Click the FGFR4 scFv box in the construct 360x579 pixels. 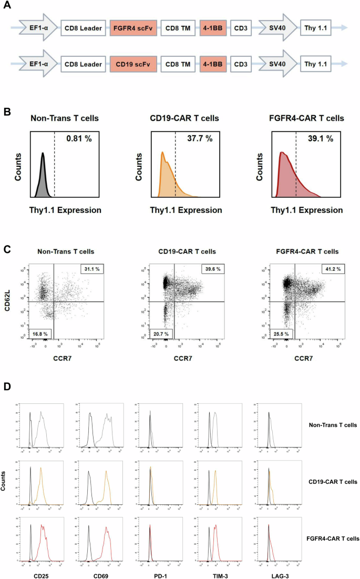(132, 27)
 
